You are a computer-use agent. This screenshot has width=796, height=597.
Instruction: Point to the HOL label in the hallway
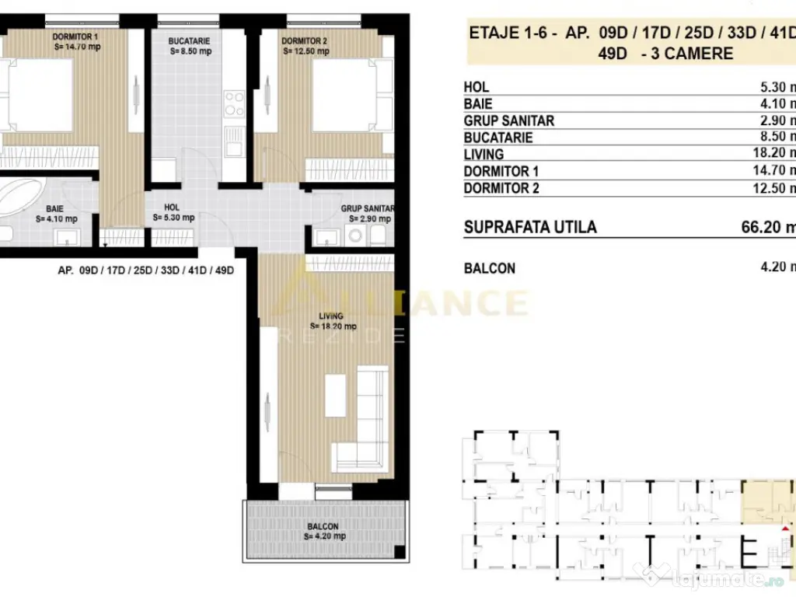point(172,208)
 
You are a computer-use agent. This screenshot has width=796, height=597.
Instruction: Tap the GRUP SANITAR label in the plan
point(368,208)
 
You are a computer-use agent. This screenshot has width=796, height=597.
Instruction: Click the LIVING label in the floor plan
point(331,316)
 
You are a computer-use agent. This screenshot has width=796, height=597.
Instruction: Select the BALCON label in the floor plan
point(321,526)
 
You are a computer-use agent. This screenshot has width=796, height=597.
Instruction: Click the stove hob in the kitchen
point(233,105)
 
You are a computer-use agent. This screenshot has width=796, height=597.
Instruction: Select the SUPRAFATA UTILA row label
point(530,227)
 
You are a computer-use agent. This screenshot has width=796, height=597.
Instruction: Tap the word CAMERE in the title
point(697,54)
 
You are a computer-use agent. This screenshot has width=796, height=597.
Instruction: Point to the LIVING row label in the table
point(484,154)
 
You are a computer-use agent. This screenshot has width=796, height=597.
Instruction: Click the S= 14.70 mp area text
point(79,47)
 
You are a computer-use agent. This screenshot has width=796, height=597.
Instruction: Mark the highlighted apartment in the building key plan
point(766,501)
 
